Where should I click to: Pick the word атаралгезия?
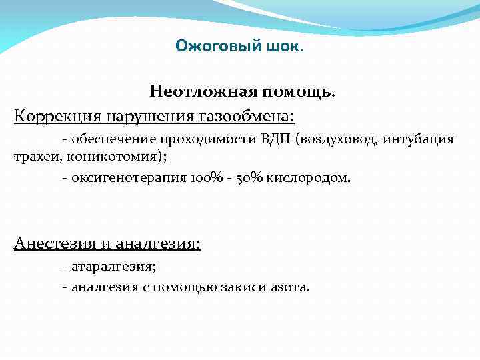coord(113,267)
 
